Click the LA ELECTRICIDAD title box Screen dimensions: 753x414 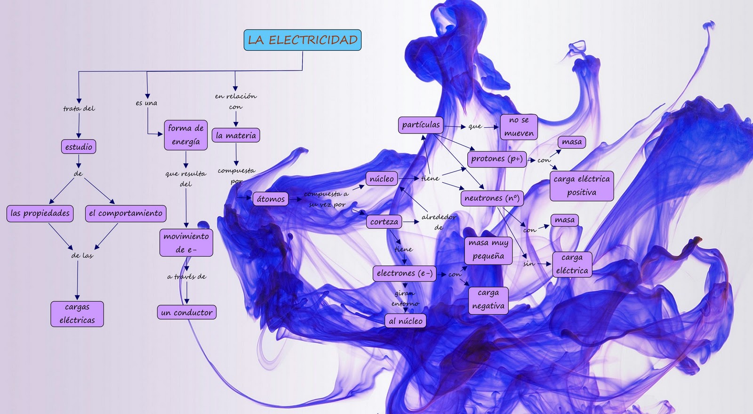point(302,40)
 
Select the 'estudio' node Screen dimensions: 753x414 point(79,147)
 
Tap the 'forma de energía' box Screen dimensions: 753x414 point(186,135)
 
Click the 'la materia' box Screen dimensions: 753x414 point(236,135)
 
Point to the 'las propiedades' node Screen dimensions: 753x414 point(40,213)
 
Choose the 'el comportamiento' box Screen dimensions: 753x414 point(126,213)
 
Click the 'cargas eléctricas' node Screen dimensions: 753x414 point(77,313)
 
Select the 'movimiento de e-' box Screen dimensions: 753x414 point(186,242)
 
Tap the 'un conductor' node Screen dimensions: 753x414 point(187,312)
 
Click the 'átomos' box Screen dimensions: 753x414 point(271,199)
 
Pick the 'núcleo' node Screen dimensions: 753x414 point(382,179)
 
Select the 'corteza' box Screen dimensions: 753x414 point(384,222)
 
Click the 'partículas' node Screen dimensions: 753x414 point(421,125)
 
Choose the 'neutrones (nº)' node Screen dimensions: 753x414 point(492,198)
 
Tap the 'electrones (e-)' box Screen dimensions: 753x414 point(404,273)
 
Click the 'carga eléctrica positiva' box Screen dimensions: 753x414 point(582,186)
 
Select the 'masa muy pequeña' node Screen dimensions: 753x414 point(489,250)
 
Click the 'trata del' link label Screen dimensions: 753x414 point(79,109)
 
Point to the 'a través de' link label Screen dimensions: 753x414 point(187,277)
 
